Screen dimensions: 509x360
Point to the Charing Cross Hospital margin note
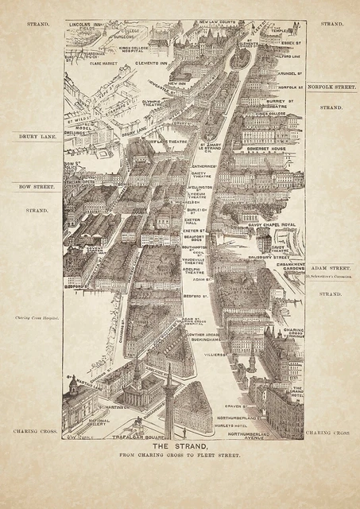[x=37, y=318]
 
